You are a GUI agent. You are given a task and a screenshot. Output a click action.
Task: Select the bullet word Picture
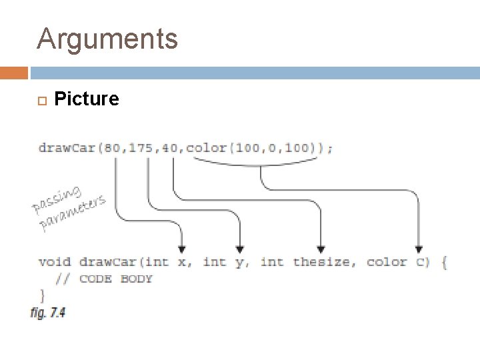87,99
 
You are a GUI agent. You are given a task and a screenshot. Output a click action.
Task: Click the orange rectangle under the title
13,73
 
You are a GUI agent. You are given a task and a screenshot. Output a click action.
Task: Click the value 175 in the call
141,148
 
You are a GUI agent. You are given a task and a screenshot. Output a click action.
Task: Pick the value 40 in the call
169,148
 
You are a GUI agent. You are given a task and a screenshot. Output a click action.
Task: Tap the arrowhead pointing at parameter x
182,247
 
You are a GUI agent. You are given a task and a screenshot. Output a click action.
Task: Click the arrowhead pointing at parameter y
240,247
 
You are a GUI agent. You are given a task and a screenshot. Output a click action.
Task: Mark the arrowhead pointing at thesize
321,247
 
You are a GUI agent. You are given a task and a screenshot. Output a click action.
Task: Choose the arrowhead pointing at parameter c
419,247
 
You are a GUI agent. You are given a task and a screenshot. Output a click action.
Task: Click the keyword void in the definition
55,262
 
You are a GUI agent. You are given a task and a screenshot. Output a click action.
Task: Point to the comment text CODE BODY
116,279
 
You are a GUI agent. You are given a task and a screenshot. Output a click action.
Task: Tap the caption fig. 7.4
48,312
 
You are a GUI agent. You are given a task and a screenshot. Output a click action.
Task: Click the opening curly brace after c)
443,262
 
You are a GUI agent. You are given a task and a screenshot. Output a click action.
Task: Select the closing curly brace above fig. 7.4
42,294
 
